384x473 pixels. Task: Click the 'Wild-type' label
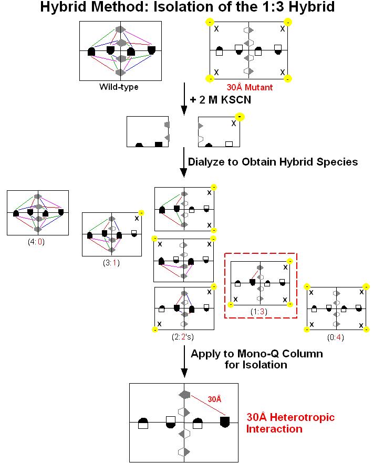point(119,87)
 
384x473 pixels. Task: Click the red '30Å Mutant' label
point(250,87)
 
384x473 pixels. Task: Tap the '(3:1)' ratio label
point(111,263)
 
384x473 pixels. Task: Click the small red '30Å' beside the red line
point(214,398)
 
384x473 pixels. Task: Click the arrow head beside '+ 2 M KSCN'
point(184,110)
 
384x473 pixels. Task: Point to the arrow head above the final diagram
point(184,373)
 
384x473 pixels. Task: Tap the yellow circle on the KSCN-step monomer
point(239,117)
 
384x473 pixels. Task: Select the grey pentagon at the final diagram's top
point(184,394)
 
